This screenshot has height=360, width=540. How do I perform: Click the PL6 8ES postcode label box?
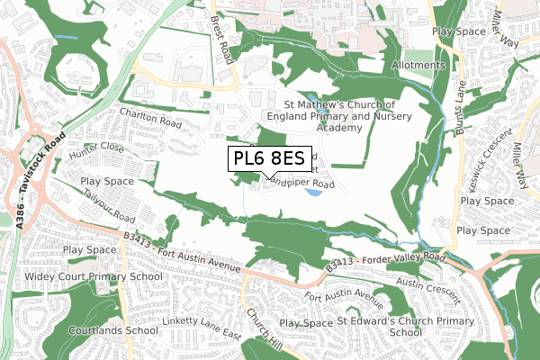coord(270,159)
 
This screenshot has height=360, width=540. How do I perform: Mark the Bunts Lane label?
coord(470,103)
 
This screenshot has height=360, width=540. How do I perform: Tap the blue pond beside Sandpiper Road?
coord(312,192)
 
